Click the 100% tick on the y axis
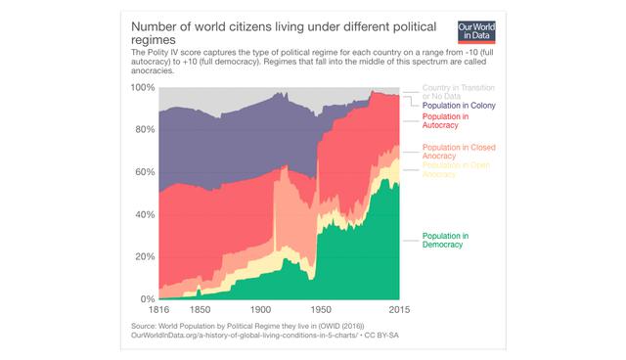[142, 88]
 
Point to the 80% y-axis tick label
[144, 130]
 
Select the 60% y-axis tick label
[144, 172]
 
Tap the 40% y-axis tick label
[144, 214]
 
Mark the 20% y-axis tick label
[144, 256]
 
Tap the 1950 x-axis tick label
[324, 310]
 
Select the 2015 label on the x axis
[399, 310]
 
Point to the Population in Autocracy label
[446, 121]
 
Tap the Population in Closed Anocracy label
[459, 152]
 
